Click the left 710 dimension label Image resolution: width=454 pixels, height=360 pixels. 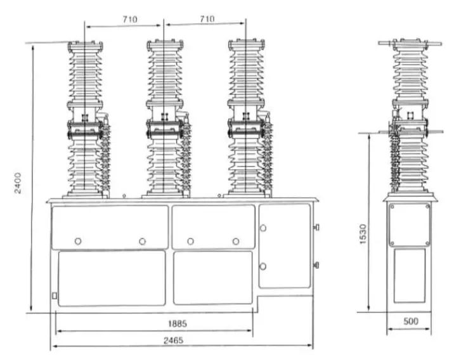(x=131, y=20)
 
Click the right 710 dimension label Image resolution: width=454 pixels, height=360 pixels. (x=207, y=20)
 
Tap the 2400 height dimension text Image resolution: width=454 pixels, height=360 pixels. (x=18, y=180)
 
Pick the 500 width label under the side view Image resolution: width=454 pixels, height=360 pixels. (x=411, y=322)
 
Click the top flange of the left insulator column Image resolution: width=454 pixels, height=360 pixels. (x=84, y=44)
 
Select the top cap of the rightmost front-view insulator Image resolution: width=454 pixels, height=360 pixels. (x=246, y=44)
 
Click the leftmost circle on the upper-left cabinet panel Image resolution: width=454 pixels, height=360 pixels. (x=78, y=241)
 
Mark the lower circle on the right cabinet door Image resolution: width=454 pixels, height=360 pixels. (x=263, y=266)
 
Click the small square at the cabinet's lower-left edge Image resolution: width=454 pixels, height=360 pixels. (x=55, y=296)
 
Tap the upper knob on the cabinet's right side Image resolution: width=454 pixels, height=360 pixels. (x=316, y=227)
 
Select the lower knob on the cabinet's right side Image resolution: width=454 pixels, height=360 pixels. (x=316, y=265)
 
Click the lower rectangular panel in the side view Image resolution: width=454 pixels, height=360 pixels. (x=410, y=275)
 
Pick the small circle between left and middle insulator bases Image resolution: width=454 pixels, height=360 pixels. (x=125, y=196)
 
